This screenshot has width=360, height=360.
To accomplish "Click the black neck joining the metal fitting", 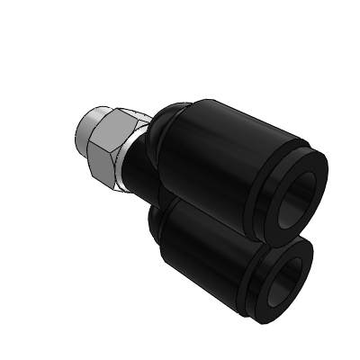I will pos(135,176).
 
